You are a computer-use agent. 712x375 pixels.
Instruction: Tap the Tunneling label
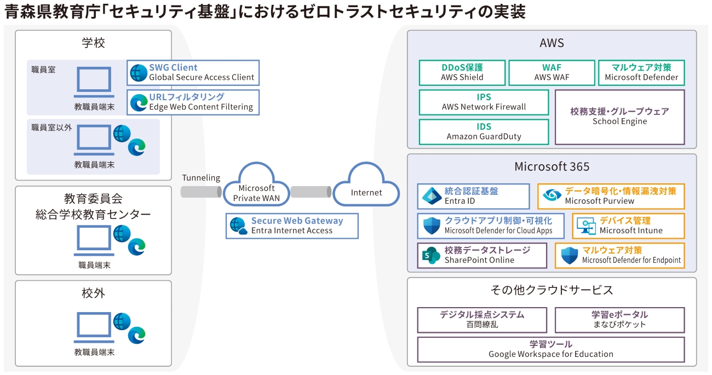(x=201, y=178)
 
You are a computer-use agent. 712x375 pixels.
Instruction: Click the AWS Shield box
(x=462, y=73)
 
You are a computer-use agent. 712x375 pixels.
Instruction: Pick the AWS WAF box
(x=551, y=73)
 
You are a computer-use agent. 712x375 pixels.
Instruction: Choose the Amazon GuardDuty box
(x=484, y=132)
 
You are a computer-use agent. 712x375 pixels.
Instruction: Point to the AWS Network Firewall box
(x=484, y=102)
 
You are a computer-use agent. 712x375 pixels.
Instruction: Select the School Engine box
(x=619, y=117)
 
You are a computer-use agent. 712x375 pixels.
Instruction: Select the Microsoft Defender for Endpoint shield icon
(x=570, y=256)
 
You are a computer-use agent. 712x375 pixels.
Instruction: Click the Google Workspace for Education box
(x=550, y=349)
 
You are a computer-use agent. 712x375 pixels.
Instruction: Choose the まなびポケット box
(x=619, y=320)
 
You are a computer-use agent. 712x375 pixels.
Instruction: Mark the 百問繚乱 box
(x=482, y=320)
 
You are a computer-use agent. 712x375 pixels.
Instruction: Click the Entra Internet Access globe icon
(x=239, y=226)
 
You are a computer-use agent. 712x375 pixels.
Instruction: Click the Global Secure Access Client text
(x=202, y=78)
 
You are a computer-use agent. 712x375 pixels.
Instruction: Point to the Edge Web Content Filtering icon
(x=139, y=102)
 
